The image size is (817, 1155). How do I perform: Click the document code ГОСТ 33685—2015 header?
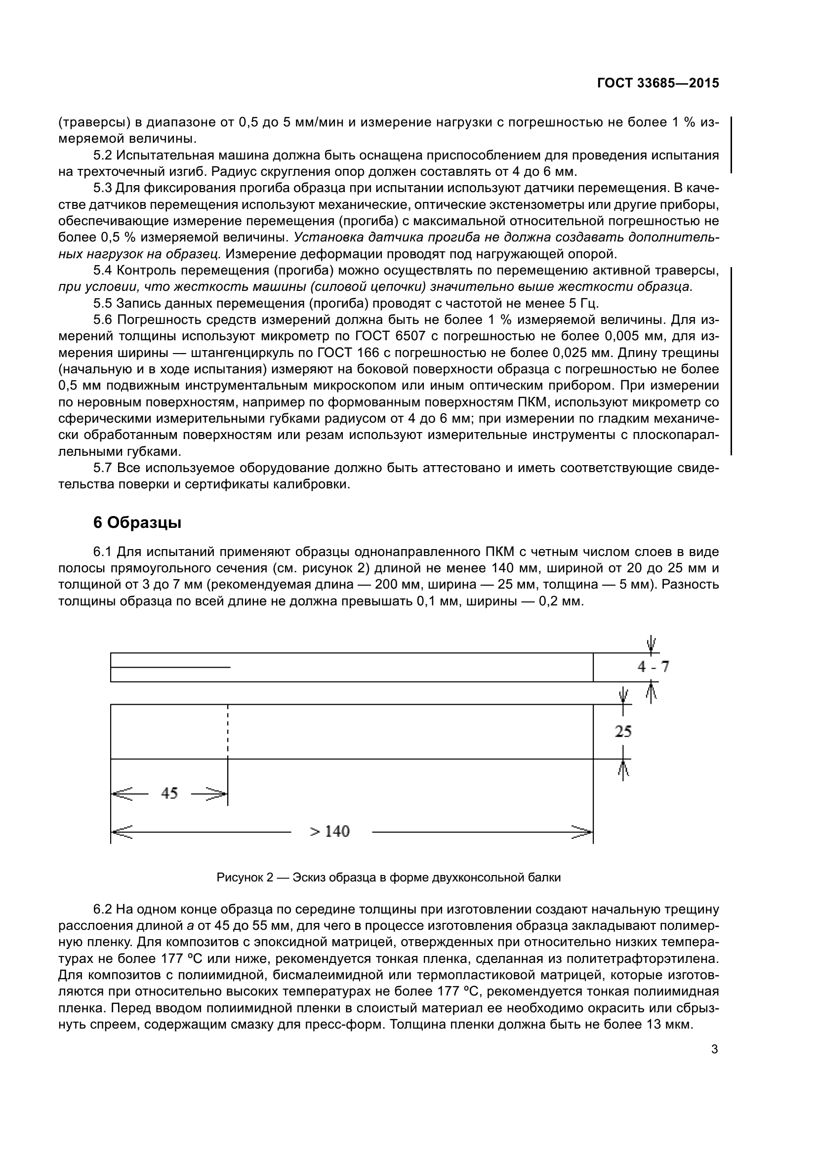tap(657, 83)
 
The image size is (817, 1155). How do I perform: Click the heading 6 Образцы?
tap(137, 522)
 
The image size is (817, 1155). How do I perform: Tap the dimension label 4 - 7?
tap(653, 667)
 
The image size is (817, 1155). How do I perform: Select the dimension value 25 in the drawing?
tap(623, 731)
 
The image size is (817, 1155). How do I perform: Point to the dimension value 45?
tap(169, 794)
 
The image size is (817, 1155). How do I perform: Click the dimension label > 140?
tap(329, 831)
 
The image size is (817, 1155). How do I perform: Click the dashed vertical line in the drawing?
tap(228, 729)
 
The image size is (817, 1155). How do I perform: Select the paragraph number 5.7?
tap(103, 468)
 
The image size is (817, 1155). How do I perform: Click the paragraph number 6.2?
tap(103, 909)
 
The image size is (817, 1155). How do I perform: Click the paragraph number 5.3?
tap(103, 188)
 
